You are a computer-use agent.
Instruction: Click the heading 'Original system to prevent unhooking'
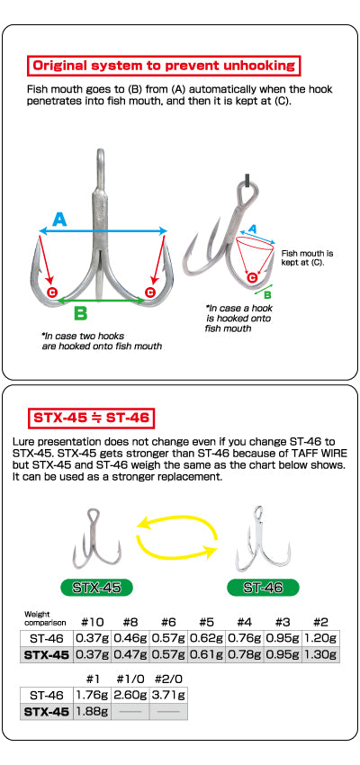164,65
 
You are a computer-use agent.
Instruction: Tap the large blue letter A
59,220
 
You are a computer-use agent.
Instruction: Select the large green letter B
80,312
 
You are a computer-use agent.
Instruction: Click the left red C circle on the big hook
51,292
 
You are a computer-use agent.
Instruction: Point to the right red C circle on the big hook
149,292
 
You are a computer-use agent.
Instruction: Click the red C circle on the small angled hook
252,278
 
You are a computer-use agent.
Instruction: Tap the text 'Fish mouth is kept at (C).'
307,258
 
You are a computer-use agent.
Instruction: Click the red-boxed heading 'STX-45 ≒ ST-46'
91,418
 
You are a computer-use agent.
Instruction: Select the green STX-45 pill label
96,588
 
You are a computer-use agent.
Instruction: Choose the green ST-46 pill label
263,588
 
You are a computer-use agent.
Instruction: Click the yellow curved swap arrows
177,537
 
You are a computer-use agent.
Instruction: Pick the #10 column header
92,622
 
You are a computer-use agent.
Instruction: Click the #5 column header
206,622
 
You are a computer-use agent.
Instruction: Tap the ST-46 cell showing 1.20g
320,638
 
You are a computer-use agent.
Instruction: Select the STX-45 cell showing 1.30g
320,654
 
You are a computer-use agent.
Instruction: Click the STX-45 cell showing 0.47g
130,654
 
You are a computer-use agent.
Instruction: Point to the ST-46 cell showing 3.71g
168,695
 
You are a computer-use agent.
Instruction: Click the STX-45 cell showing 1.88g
92,711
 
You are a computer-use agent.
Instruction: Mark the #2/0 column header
168,679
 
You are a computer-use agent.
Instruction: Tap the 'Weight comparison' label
45,618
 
